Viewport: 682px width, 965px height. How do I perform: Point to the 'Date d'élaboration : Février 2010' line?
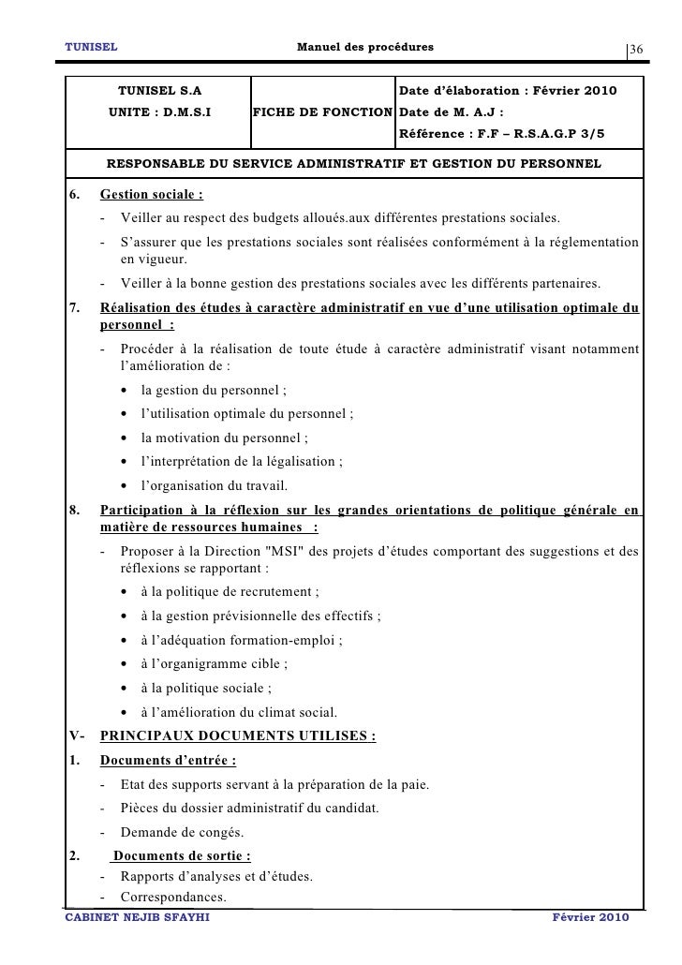(508, 92)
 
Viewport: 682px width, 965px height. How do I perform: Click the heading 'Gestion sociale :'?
(152, 196)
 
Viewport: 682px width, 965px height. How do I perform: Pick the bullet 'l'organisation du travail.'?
(214, 485)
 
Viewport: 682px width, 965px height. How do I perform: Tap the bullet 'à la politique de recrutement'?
(230, 591)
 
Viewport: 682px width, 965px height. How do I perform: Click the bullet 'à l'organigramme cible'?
(214, 664)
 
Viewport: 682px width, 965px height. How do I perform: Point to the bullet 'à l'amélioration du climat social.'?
(239, 713)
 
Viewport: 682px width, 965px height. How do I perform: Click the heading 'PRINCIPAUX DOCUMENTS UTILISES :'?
(237, 735)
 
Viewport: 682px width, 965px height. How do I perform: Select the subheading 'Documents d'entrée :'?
(168, 760)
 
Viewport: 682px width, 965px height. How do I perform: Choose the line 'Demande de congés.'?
(181, 832)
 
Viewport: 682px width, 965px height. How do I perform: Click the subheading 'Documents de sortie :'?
(181, 856)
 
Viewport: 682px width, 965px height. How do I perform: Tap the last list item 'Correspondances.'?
(174, 896)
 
